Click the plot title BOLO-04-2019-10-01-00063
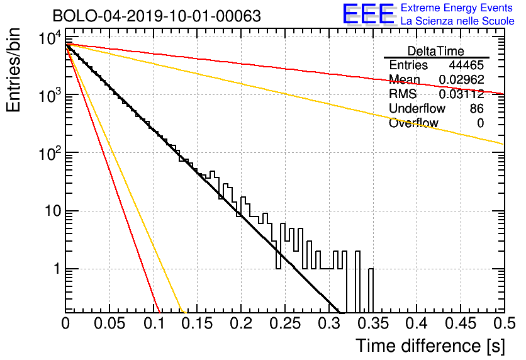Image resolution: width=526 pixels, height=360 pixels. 157,16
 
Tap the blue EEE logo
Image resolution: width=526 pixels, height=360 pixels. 368,14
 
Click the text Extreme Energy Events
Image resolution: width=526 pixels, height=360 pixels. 457,8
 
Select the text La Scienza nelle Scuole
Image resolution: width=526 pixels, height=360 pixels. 457,21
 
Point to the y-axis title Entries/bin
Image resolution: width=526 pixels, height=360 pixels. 13,70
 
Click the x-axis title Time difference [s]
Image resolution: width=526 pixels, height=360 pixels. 430,346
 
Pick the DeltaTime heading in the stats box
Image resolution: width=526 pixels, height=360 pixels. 435,51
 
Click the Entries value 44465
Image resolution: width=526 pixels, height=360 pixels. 466,65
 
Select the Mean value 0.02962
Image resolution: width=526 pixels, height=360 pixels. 462,79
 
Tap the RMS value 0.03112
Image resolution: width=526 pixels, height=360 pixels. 462,94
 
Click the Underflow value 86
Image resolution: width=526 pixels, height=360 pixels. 477,108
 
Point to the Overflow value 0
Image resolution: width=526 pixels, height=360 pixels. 480,123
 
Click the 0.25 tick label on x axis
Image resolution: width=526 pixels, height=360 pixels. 285,323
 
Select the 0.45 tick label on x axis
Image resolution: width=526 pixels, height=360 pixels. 461,323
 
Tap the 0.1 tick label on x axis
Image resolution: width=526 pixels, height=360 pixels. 154,323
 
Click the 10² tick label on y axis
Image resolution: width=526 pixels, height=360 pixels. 50,154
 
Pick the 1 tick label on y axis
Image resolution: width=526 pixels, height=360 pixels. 57,269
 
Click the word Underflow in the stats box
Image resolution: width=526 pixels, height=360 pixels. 417,108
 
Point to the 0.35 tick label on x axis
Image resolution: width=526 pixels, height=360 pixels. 373,323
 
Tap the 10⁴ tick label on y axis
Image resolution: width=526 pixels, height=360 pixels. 50,38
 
